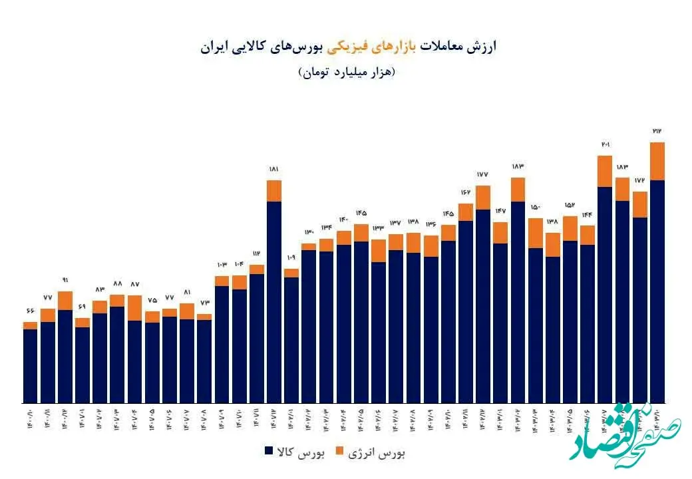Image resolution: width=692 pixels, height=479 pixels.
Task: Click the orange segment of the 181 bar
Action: pos(274,190)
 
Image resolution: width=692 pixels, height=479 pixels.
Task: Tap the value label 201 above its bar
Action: pos(605,144)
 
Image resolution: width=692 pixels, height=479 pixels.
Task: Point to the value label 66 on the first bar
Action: pos(30,311)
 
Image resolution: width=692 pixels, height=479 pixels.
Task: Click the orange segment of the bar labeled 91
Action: pos(65,301)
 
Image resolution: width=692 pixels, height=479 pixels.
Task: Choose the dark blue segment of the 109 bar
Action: pos(291,339)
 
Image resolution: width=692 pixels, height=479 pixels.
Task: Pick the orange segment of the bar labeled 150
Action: pos(536,233)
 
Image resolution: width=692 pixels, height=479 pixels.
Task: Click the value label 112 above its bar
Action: pos(257,253)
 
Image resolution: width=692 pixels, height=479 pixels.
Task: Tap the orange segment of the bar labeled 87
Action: pos(134,308)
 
